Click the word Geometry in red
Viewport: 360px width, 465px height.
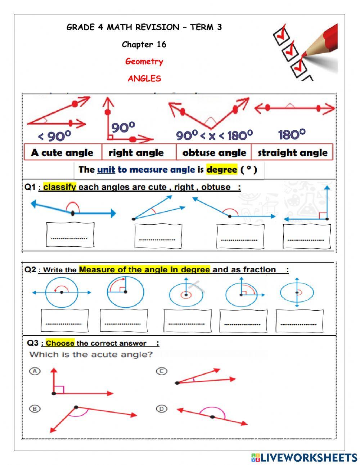[144, 62]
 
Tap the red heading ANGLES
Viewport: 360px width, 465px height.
[144, 79]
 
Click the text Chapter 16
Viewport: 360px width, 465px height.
[144, 45]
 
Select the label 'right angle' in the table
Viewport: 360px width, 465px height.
[136, 153]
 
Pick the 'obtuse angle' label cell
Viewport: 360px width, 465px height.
[214, 153]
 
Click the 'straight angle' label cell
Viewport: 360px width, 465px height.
[292, 153]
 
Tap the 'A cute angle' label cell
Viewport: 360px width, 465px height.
[62, 153]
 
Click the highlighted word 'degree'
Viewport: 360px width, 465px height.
[221, 170]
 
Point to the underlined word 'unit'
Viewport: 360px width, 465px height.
[106, 170]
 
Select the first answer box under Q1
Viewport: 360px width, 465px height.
[70, 235]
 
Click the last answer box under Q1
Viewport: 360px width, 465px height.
[306, 236]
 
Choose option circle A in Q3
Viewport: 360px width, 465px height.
[35, 371]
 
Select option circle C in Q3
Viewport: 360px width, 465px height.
[162, 371]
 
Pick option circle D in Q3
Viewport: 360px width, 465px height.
[162, 408]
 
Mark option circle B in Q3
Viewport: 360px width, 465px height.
[35, 409]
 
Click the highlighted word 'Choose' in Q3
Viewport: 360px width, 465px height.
[60, 343]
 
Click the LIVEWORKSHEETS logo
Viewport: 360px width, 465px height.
[304, 457]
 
